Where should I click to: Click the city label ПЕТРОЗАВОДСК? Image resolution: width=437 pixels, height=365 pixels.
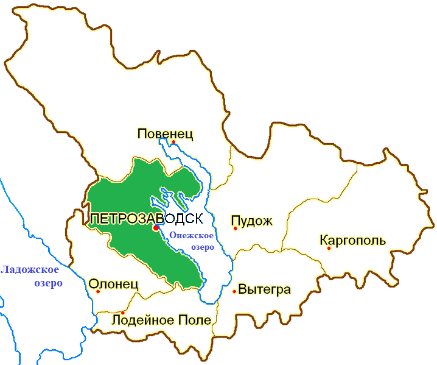click(146, 218)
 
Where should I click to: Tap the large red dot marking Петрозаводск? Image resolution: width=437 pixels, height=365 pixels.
click(156, 227)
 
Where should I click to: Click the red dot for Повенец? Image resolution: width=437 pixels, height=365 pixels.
click(173, 142)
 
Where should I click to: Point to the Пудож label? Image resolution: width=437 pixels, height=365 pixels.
click(251, 220)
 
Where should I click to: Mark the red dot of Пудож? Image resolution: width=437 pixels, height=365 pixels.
click(235, 229)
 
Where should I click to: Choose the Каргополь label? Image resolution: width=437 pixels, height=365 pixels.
click(352, 239)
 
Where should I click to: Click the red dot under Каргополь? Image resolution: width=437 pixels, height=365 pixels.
click(329, 248)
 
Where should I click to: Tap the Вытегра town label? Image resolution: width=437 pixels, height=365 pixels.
click(265, 289)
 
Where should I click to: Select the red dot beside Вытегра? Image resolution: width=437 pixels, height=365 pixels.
click(234, 291)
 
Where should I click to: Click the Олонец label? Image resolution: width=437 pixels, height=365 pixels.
click(114, 284)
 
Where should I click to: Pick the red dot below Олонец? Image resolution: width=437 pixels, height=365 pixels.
click(98, 291)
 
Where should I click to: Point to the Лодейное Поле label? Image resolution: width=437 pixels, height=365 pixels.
click(161, 321)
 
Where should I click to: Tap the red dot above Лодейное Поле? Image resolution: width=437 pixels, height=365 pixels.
click(123, 313)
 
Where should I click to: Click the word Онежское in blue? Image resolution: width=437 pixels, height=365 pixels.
click(191, 236)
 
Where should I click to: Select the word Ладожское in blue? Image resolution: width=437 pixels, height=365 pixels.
click(30, 270)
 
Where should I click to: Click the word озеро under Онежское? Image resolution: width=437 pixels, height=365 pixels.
click(191, 247)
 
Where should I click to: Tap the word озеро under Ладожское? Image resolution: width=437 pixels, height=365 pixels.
click(49, 283)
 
